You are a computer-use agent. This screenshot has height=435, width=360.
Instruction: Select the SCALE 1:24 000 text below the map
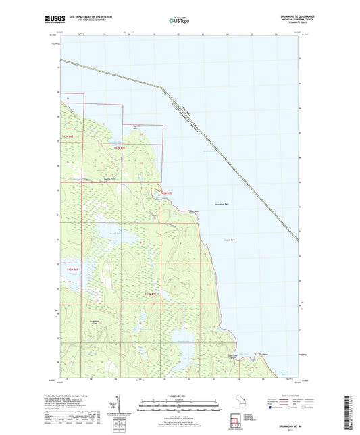180,394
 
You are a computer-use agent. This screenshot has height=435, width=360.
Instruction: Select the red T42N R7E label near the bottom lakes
150,294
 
